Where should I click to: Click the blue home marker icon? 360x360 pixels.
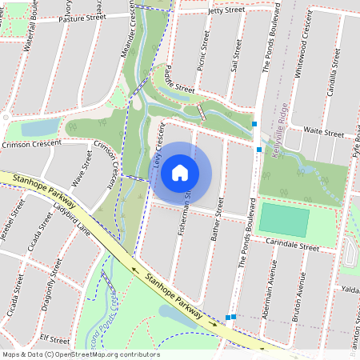point(180,172)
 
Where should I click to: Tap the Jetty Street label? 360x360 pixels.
point(225,10)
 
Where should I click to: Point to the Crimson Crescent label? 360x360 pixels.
point(32,145)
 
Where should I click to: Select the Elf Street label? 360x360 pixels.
point(55,338)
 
